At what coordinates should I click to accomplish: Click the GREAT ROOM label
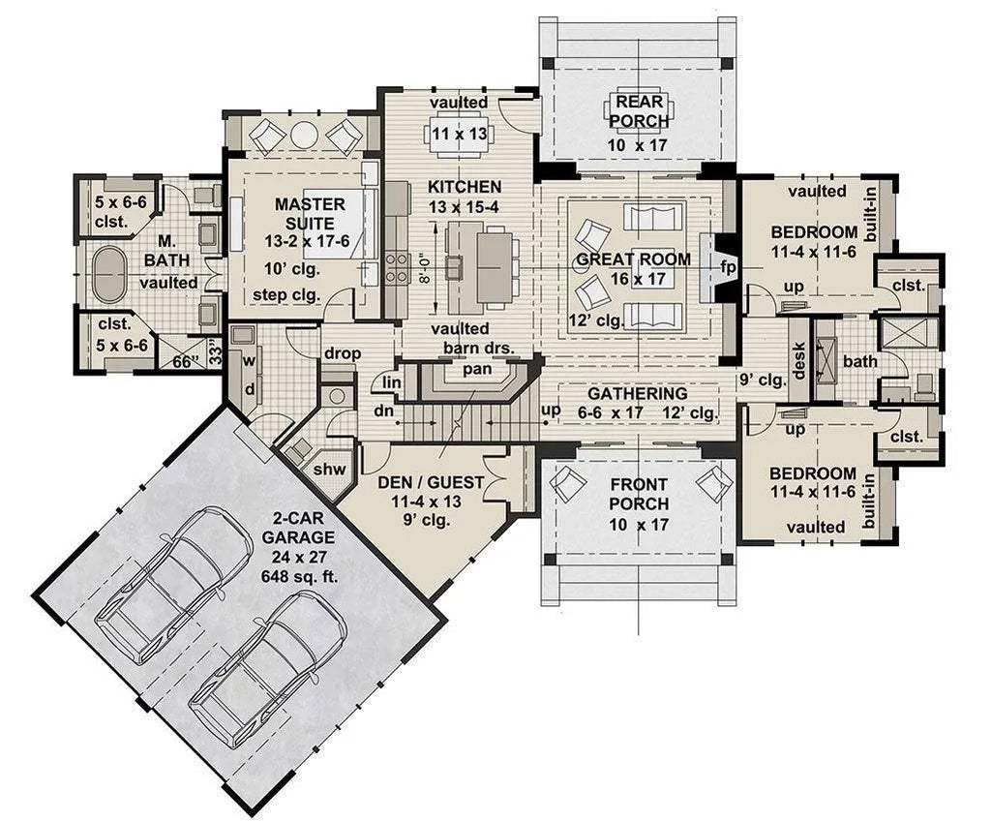click(633, 259)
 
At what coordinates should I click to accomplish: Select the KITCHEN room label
click(465, 187)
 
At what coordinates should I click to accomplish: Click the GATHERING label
click(637, 394)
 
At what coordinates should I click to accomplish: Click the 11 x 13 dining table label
click(460, 134)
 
